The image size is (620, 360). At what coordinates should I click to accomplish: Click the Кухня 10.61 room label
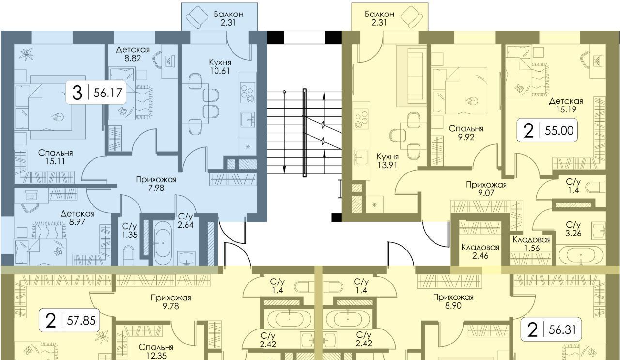[220, 66]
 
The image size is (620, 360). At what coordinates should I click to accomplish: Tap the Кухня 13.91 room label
[387, 160]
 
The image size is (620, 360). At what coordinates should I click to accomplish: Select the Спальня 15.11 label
[55, 157]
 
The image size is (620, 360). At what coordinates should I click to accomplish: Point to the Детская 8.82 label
[133, 54]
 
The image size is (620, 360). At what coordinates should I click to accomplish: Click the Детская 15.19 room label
[566, 105]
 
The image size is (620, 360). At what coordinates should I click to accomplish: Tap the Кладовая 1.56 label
[532, 244]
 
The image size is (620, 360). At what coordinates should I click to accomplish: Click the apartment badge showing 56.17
[96, 93]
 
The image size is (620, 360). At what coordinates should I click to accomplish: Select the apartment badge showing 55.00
[547, 130]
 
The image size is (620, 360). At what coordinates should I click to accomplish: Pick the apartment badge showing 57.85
[69, 320]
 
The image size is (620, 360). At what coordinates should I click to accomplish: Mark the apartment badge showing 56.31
[551, 329]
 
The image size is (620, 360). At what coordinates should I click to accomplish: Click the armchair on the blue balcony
[197, 16]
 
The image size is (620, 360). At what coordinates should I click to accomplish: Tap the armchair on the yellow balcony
[412, 16]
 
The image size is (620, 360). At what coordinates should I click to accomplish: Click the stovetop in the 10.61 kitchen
[248, 93]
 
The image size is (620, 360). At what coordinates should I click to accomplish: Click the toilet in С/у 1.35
[128, 255]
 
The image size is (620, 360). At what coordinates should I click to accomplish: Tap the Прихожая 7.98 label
[156, 184]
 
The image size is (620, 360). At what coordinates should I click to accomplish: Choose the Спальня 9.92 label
[466, 133]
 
